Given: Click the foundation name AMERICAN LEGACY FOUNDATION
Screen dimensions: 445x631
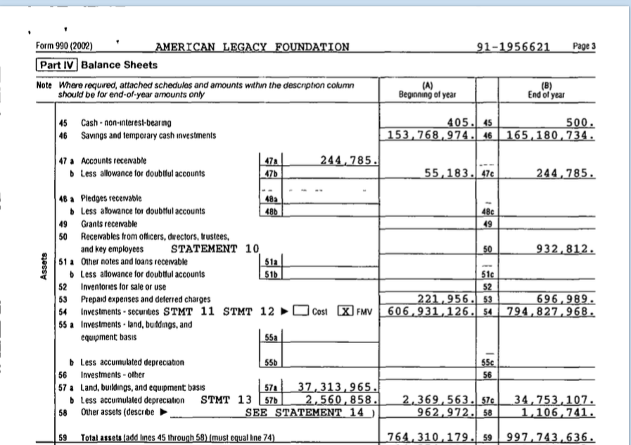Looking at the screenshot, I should pyautogui.click(x=252, y=48).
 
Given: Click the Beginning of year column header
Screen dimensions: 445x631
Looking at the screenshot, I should pyautogui.click(x=428, y=91).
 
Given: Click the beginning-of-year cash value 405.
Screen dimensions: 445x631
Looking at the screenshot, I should pyautogui.click(x=464, y=122).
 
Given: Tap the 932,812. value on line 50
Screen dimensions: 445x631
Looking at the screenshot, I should pyautogui.click(x=566, y=248).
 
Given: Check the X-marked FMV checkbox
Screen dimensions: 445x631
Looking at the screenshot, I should pyautogui.click(x=344, y=311).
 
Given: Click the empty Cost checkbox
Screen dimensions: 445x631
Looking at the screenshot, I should pyautogui.click(x=303, y=311).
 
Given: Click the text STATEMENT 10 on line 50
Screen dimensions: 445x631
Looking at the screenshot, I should pyautogui.click(x=215, y=248).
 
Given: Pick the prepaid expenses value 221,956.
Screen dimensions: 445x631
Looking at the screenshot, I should pyautogui.click(x=448, y=298).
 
